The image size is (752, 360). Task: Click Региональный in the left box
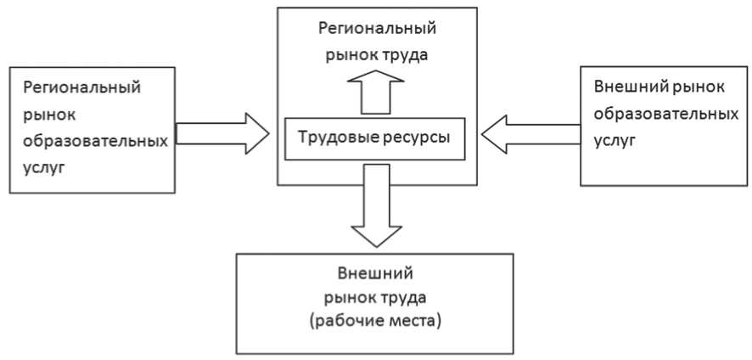82,87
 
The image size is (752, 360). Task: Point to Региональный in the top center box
377,29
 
